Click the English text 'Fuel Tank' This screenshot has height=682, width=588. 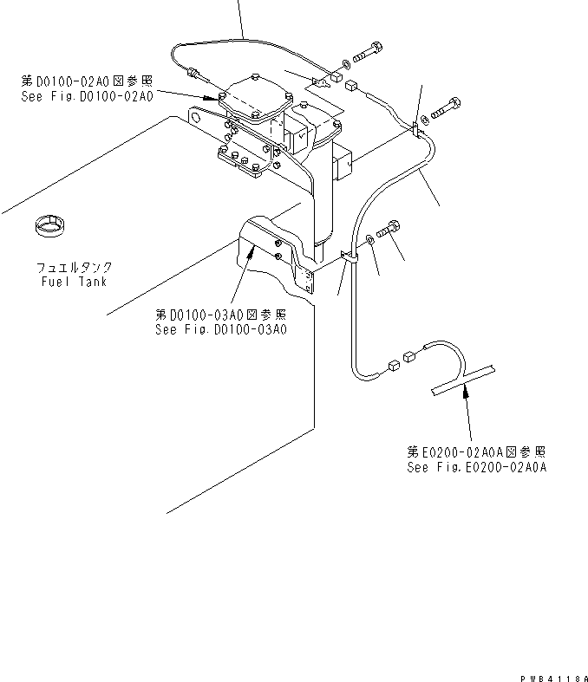[x=73, y=282]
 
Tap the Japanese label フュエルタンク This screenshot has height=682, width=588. [x=74, y=269]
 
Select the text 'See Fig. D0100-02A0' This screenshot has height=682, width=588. [x=87, y=96]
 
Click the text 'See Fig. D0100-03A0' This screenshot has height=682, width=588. [x=220, y=328]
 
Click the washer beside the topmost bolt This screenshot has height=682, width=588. [x=348, y=62]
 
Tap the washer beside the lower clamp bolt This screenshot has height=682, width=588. [x=371, y=239]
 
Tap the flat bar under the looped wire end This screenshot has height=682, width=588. [x=464, y=379]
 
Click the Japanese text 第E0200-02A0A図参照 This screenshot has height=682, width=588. [x=476, y=452]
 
